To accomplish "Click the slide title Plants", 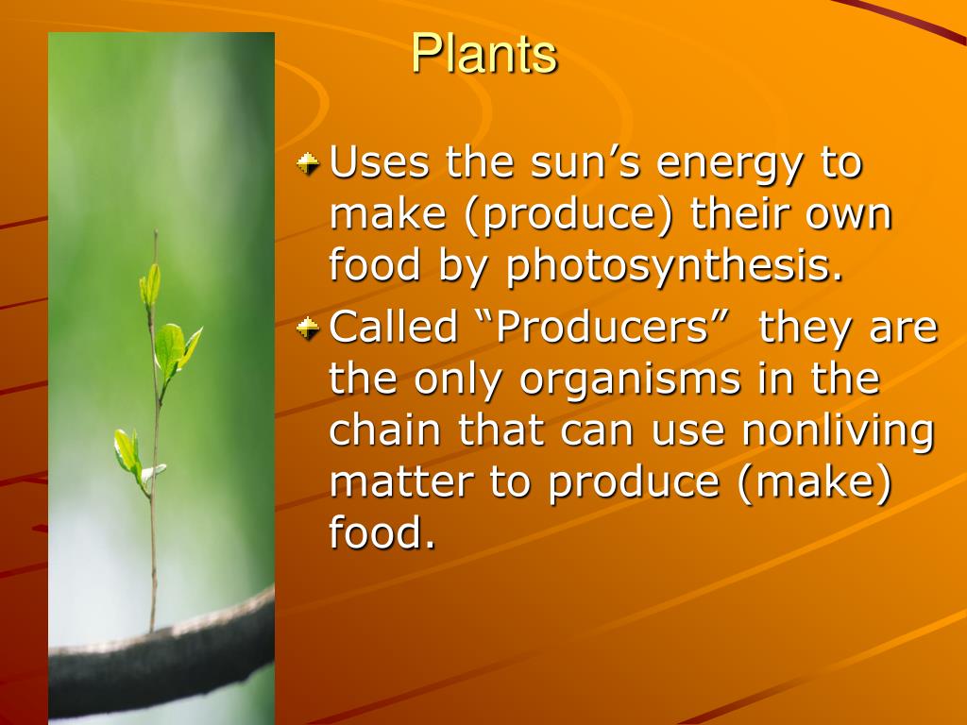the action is (x=484, y=54).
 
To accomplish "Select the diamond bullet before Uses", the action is (x=308, y=163).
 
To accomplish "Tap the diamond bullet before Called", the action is (x=308, y=328).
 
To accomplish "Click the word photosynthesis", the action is (x=674, y=266).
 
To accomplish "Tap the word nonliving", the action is (x=839, y=430).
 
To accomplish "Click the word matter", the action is (x=402, y=481).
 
